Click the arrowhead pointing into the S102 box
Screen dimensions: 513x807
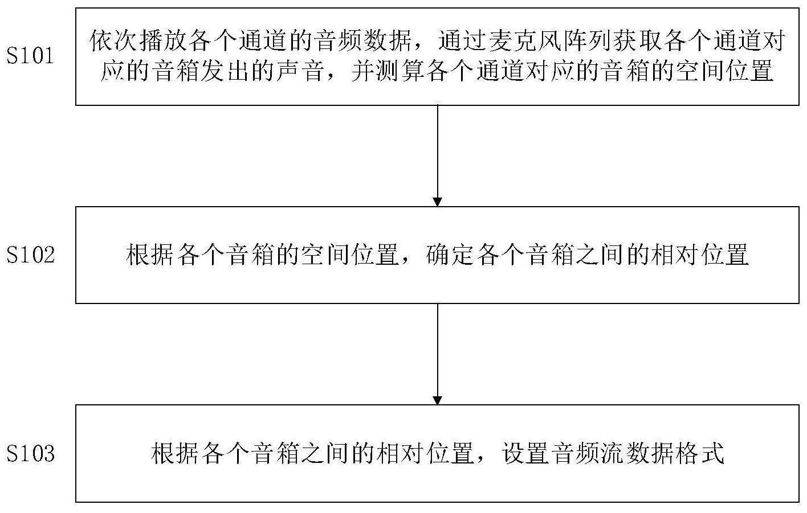(x=437, y=202)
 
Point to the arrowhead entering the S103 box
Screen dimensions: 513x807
(x=437, y=400)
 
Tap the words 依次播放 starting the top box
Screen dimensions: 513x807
(x=139, y=42)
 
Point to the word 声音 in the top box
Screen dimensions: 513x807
(x=301, y=72)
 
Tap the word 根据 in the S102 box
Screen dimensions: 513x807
(x=151, y=255)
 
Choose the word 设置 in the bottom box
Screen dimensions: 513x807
(x=527, y=454)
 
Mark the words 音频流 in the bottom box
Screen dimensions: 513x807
(x=589, y=454)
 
